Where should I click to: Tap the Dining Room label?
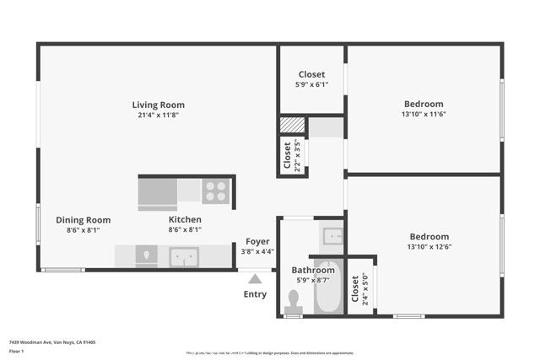(x=83, y=219)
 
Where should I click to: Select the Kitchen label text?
(x=185, y=219)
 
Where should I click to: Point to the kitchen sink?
(x=183, y=255)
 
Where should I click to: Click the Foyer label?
(x=257, y=241)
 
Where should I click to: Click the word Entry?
(x=255, y=294)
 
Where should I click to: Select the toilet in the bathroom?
(x=294, y=301)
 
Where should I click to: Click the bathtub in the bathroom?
(x=328, y=289)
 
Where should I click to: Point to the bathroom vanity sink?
(x=331, y=235)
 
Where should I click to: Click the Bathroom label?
(x=313, y=270)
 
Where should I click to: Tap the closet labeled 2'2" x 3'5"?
(x=288, y=155)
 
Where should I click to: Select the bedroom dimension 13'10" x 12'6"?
(x=429, y=247)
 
